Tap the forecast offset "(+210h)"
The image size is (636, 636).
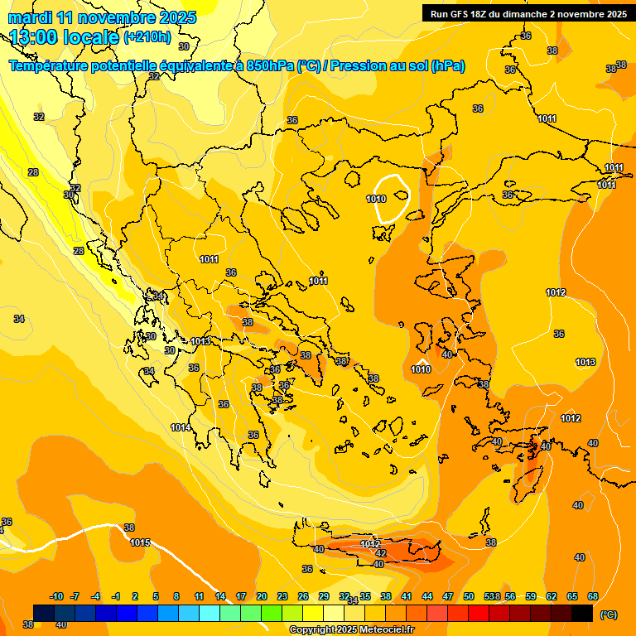(147, 37)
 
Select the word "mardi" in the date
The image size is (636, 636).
(31, 17)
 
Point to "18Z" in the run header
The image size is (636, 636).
(477, 14)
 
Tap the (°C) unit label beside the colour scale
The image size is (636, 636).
(608, 614)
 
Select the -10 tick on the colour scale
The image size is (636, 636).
(56, 596)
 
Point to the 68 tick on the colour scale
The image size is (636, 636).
(593, 596)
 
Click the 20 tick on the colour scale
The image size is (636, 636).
(262, 596)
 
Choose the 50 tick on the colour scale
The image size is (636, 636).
(469, 596)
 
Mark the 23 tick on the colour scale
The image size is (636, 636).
(282, 596)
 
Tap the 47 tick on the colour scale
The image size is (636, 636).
(448, 596)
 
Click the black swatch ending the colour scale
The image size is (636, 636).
(582, 613)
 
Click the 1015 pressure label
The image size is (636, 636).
(140, 542)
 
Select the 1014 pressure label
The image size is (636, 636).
(181, 427)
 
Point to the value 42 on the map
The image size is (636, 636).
(381, 553)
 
